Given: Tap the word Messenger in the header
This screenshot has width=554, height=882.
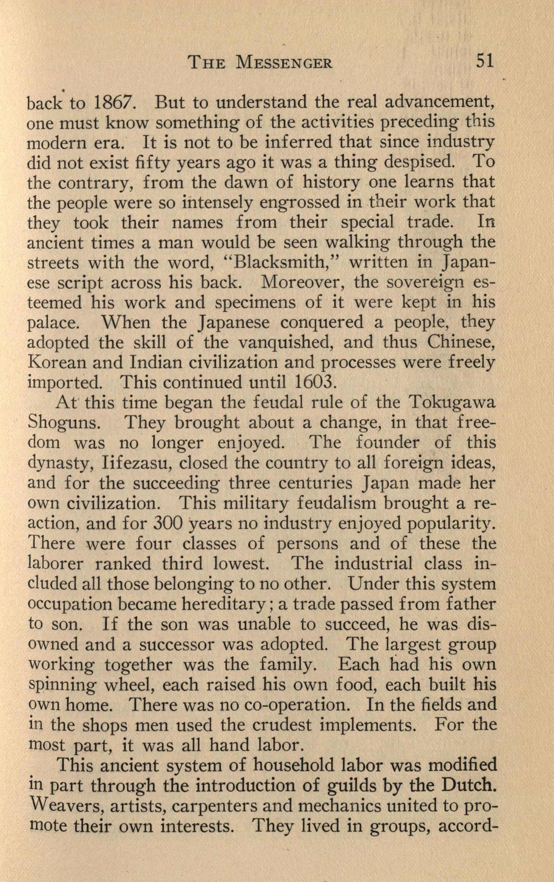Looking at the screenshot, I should (284, 63).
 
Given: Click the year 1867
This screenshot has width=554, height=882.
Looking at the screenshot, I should (115, 103).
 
